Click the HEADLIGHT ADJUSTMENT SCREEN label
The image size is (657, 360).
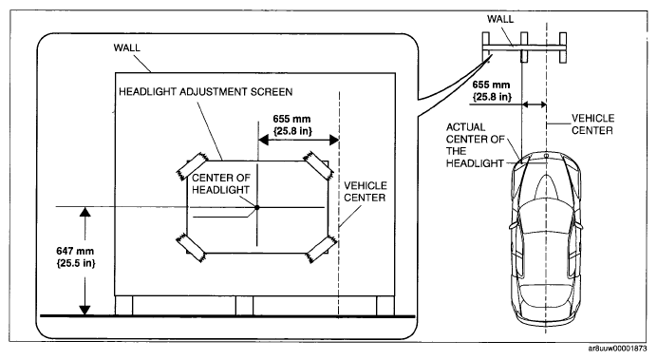point(206,92)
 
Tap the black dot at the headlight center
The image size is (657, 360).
point(257,207)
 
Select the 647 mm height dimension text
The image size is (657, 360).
point(76,256)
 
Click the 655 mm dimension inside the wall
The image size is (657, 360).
point(292,124)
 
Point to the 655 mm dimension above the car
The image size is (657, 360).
point(492,90)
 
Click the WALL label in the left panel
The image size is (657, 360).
point(126,47)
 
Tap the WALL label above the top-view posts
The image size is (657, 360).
point(500,19)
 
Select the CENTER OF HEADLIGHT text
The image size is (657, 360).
point(221,184)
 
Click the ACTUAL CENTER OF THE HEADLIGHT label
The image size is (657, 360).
point(475,145)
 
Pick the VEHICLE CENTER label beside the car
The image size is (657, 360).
point(592,124)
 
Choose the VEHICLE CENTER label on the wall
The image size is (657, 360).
point(365,192)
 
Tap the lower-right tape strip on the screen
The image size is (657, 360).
point(321,249)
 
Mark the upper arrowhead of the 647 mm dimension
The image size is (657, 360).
point(85,212)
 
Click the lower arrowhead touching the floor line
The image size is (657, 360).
point(85,310)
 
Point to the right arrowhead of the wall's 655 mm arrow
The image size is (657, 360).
point(334,140)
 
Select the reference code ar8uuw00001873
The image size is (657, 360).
point(617,349)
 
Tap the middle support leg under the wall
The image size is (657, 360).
point(244,306)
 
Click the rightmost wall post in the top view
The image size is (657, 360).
point(563,47)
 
